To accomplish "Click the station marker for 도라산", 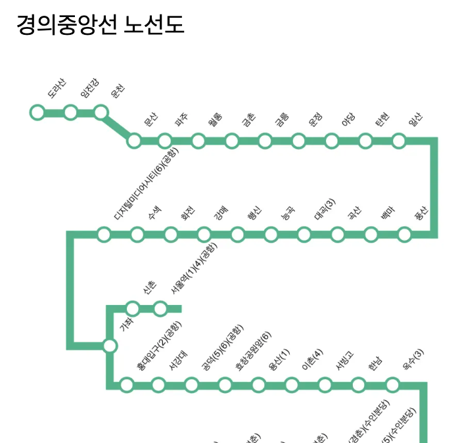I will (37, 112).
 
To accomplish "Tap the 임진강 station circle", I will (70, 112).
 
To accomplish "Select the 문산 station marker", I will (134, 141).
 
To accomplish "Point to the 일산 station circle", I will (399, 141).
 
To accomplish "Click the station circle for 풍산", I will (405, 234).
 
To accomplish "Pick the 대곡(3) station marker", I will (304, 234).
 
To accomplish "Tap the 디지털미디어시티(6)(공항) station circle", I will (104, 234).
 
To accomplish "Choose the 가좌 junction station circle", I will (110, 346).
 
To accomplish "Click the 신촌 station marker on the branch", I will (133, 308).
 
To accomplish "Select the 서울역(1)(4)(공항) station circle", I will (160, 308).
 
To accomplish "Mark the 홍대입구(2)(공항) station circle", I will (127, 385).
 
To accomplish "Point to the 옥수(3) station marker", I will (392, 385).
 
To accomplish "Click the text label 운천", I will (119, 92).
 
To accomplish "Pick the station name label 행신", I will (254, 213).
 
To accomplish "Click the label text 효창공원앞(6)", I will (253, 350).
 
